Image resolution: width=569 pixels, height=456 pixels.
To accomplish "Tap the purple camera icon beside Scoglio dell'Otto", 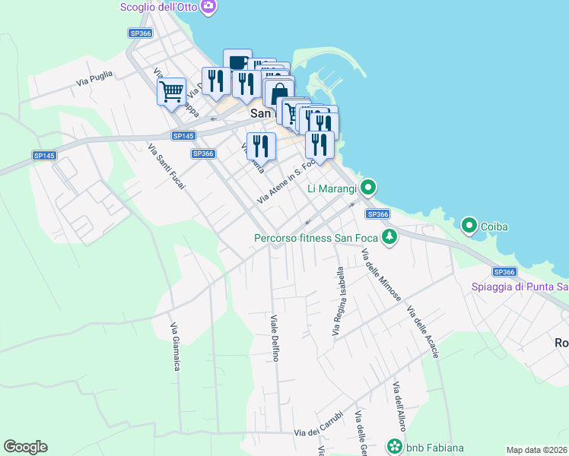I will click(209, 7).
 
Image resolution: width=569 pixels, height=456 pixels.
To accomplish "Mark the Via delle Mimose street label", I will click(381, 274).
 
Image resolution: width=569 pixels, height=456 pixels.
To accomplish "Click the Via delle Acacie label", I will click(423, 332).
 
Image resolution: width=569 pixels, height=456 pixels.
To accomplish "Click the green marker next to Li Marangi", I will click(368, 186).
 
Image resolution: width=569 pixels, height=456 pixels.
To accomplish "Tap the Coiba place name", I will click(494, 226).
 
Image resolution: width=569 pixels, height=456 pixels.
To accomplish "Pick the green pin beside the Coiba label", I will click(469, 225).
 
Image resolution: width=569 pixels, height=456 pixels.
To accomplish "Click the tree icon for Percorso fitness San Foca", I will click(389, 237).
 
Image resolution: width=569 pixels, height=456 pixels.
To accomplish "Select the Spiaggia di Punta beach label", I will click(520, 287).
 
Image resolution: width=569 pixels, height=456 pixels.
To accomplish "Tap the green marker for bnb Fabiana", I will click(395, 447).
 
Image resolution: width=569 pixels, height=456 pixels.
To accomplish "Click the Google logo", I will click(25, 447).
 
